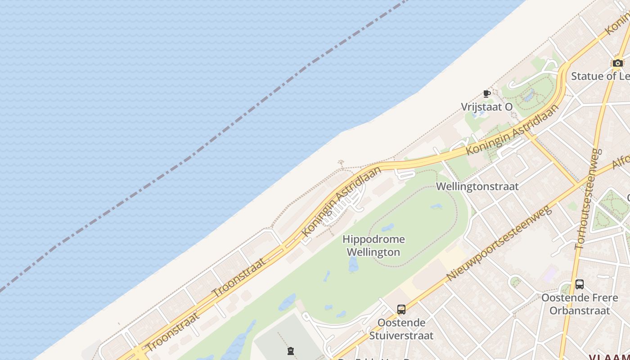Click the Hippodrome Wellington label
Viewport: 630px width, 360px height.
point(373,246)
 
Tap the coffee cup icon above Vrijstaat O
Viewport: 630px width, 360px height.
point(486,94)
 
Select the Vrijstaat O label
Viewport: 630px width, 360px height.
point(486,107)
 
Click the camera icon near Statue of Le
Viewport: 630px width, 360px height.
point(617,63)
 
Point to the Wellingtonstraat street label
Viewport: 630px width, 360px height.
point(477,186)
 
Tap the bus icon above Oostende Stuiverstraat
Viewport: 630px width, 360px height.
point(401,310)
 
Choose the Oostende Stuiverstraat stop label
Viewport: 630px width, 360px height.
point(401,329)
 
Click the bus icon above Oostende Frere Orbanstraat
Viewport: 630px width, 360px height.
point(579,284)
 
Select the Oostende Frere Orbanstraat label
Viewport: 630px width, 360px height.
point(580,304)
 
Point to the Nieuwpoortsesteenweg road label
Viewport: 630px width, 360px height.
point(499,243)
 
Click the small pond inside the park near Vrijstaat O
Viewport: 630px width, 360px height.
point(529,95)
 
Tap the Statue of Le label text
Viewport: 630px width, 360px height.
point(600,76)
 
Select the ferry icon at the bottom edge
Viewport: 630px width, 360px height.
point(291,351)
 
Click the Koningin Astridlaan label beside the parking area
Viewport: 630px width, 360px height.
point(342,201)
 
